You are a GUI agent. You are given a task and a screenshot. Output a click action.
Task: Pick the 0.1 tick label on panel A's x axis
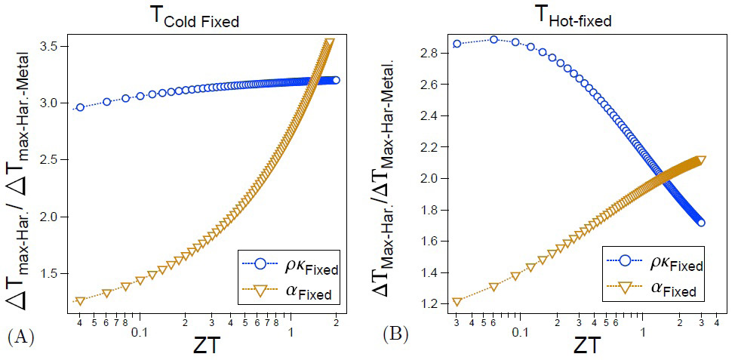[x=139, y=331]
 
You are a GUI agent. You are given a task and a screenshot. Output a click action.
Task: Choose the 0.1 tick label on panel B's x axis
[x=518, y=331]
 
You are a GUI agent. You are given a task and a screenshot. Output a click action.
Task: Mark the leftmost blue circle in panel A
[x=80, y=107]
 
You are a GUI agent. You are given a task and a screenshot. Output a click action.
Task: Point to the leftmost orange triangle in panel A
[x=80, y=301]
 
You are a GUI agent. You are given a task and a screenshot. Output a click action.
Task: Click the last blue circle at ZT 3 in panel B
[x=701, y=223]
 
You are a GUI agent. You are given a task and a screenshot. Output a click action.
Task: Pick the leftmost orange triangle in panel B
[x=457, y=302]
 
